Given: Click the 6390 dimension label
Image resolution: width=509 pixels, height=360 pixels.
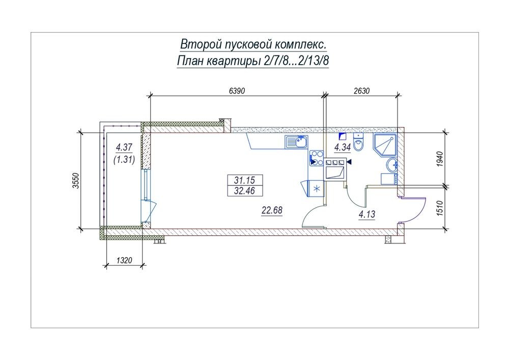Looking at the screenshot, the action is point(237,91).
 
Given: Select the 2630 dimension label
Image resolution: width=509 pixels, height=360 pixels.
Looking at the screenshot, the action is point(361,91).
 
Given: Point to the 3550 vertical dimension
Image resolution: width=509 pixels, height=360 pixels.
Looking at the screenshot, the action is point(76,181).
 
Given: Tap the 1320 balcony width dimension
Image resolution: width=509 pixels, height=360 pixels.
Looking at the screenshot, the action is point(124,260).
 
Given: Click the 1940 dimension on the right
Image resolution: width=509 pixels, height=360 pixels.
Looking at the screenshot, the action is point(440,159).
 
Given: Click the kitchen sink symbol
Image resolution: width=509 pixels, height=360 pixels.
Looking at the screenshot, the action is point(296,142).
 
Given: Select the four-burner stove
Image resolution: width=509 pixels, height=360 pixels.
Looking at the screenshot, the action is point(317,158).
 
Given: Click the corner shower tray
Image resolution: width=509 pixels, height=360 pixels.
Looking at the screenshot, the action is point(385,145).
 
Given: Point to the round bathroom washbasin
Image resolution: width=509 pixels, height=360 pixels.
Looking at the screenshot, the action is point(392,165).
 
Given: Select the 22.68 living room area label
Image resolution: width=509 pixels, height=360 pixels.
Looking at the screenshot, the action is point(272,210).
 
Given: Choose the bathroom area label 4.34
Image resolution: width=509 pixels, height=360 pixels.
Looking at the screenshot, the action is point(343,148).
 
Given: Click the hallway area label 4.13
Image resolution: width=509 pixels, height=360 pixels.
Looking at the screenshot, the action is point(367,214).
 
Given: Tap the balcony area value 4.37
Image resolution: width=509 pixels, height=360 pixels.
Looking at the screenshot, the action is point(124,147).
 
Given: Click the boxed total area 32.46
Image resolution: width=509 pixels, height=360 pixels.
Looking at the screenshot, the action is point(244,190).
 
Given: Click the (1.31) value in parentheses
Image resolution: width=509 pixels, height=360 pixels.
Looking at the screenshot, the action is point(124,159).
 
